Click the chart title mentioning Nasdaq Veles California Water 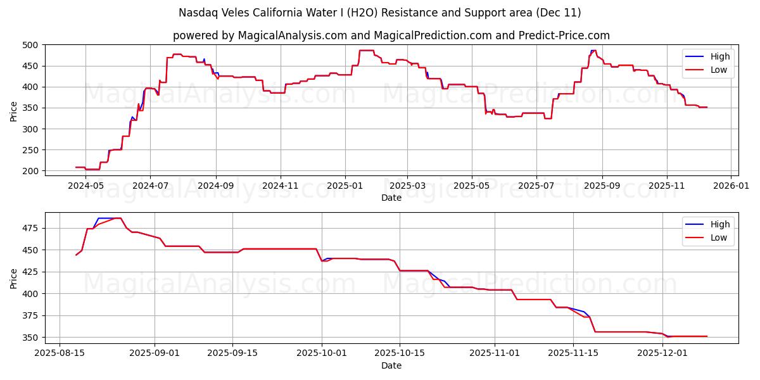(380, 13)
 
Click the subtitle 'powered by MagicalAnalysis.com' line (391, 35)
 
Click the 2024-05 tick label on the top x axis (85, 186)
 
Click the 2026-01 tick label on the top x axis (731, 186)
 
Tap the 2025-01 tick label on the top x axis (345, 186)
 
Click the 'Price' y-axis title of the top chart (14, 110)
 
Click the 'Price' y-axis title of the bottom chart (14, 278)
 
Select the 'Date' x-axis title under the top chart (391, 198)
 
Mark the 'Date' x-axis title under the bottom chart (391, 365)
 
